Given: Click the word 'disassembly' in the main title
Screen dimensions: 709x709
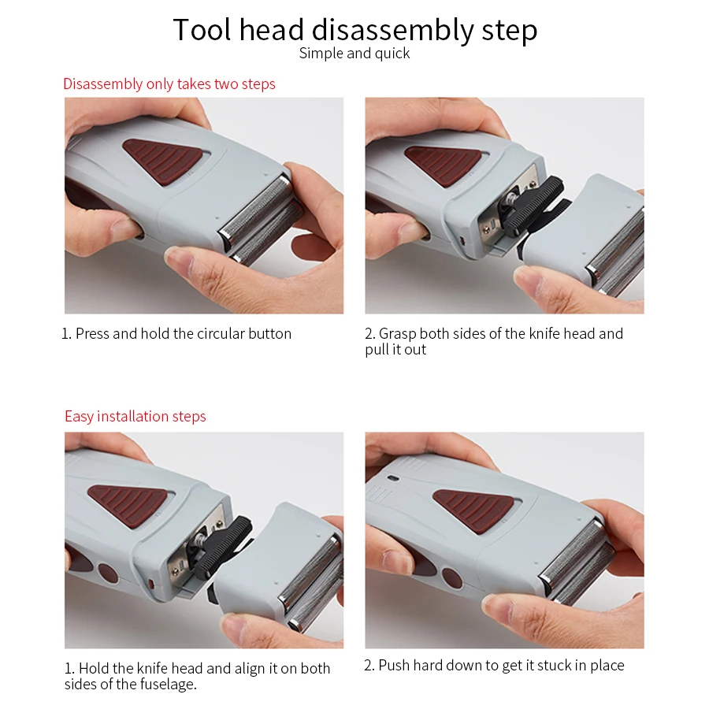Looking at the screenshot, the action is (392, 30).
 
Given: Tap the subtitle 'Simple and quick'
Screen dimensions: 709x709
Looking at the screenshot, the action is (354, 54).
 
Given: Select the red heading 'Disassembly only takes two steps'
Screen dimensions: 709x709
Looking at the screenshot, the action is (169, 84).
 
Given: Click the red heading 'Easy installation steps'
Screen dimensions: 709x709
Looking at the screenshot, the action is (135, 417).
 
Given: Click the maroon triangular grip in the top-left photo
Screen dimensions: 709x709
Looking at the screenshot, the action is (163, 161).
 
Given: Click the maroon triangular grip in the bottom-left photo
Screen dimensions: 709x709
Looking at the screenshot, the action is (128, 505).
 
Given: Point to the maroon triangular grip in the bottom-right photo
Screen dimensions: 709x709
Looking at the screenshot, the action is (474, 510).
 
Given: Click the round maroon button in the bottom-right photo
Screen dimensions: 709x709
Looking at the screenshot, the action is (452, 579).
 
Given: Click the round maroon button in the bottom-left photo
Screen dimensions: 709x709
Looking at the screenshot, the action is (108, 574).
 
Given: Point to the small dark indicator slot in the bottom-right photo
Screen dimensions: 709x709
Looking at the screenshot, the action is (393, 478).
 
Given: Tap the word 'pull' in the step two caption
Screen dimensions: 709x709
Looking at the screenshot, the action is (377, 350).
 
